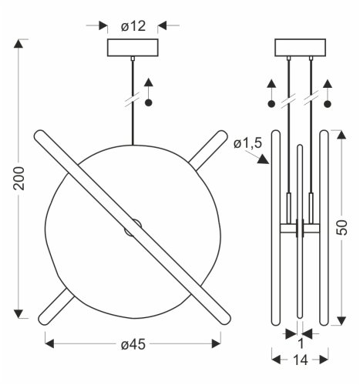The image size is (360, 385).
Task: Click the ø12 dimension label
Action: pos(134,25)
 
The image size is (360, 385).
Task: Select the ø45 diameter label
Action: pos(134,343)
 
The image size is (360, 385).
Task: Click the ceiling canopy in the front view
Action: pos(134,48)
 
